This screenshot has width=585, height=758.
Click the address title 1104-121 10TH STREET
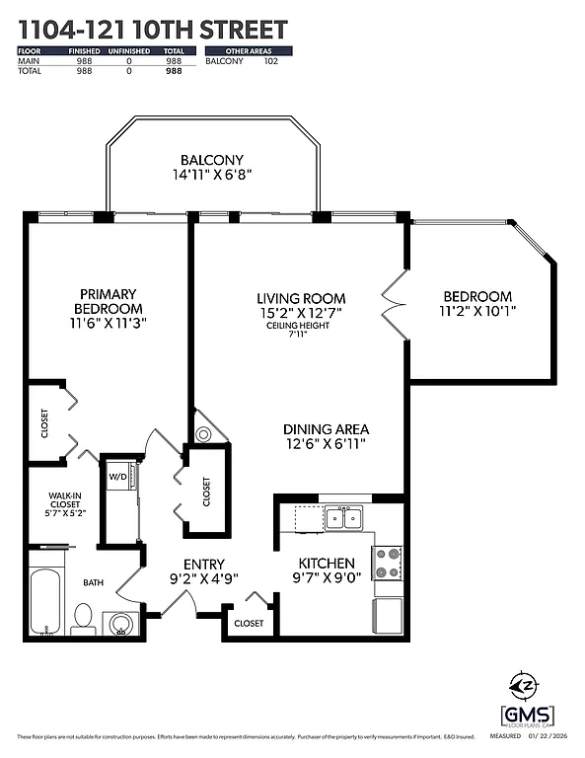153,30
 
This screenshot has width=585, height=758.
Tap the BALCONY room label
211,160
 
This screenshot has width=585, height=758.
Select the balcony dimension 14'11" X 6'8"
211,176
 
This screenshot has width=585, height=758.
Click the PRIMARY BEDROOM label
107,300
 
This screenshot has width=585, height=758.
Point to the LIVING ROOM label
301,298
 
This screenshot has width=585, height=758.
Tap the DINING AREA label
326,429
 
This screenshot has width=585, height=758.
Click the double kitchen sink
344,517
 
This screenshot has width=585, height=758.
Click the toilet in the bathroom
83,618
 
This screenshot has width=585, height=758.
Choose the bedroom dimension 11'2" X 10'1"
476,311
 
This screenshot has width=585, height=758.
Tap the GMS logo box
527,715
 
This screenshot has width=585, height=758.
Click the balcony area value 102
271,61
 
